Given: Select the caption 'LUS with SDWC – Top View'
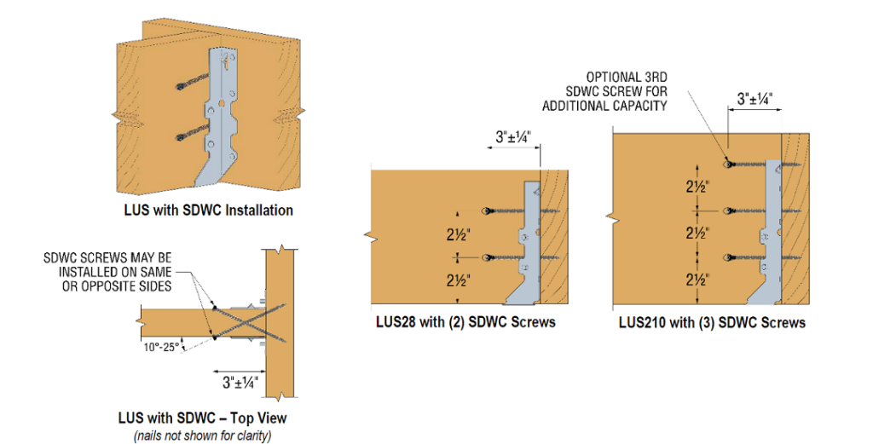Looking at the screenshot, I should [202, 418].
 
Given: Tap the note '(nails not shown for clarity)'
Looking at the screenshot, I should [202, 435].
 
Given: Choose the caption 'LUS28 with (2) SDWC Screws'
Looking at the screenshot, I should [465, 322].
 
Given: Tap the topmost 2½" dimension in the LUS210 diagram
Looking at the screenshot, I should [697, 186].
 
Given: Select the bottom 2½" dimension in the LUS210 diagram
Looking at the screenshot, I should [697, 279].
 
